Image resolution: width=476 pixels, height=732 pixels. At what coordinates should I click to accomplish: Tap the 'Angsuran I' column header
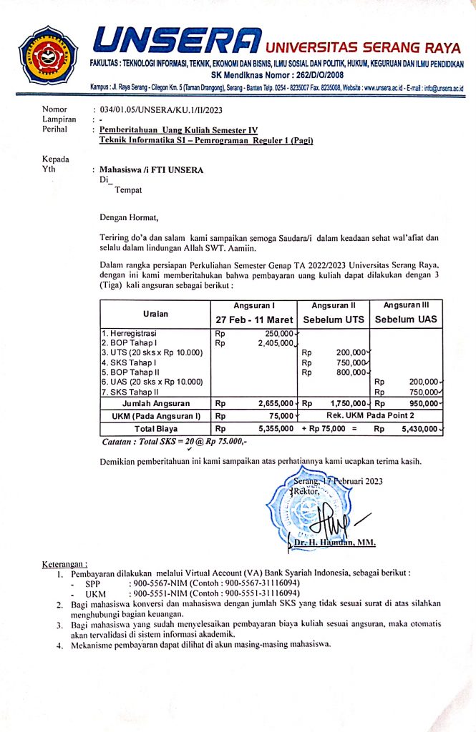point(254,306)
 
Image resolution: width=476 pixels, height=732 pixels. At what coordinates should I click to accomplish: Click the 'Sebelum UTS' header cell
point(334,319)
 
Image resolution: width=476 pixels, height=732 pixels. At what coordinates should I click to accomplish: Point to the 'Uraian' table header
point(155,313)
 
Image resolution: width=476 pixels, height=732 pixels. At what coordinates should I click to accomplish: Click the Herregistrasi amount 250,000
point(278,333)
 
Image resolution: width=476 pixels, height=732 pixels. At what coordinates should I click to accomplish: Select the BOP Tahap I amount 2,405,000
point(273,343)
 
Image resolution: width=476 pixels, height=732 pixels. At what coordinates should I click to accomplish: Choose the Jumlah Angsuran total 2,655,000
point(273,404)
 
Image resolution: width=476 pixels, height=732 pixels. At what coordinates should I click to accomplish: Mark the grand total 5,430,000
point(420,429)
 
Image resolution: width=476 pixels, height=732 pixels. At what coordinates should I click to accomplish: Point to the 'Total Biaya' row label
point(155,429)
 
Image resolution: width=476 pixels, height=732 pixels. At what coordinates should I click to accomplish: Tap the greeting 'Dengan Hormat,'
point(127,216)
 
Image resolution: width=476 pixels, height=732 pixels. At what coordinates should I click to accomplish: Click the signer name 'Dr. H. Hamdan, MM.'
point(335,543)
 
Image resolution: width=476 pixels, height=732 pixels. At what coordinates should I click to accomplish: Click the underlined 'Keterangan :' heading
point(64,565)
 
